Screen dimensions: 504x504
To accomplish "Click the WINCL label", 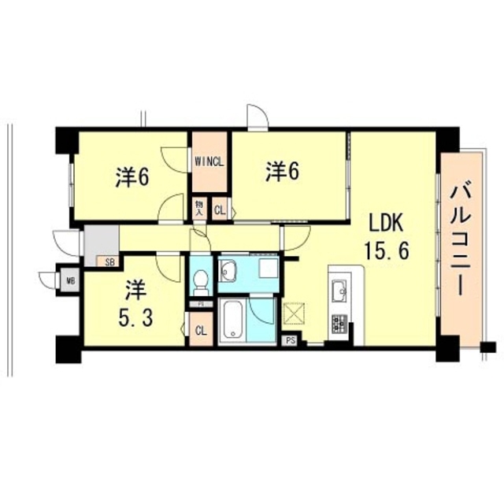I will click(x=210, y=163).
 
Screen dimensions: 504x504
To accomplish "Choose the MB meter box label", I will click(x=70, y=279).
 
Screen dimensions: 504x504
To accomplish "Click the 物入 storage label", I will click(x=200, y=209).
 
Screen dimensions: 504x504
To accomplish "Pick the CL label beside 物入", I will click(x=220, y=209).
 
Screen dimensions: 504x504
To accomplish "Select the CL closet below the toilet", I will click(x=200, y=330).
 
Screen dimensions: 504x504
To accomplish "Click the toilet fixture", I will click(x=201, y=280).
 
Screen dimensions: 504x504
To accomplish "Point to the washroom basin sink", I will click(x=231, y=272).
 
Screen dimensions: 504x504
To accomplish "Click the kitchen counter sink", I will click(x=340, y=291).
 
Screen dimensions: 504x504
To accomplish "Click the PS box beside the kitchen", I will click(x=290, y=341).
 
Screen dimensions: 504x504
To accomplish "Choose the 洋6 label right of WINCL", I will click(x=281, y=171).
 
